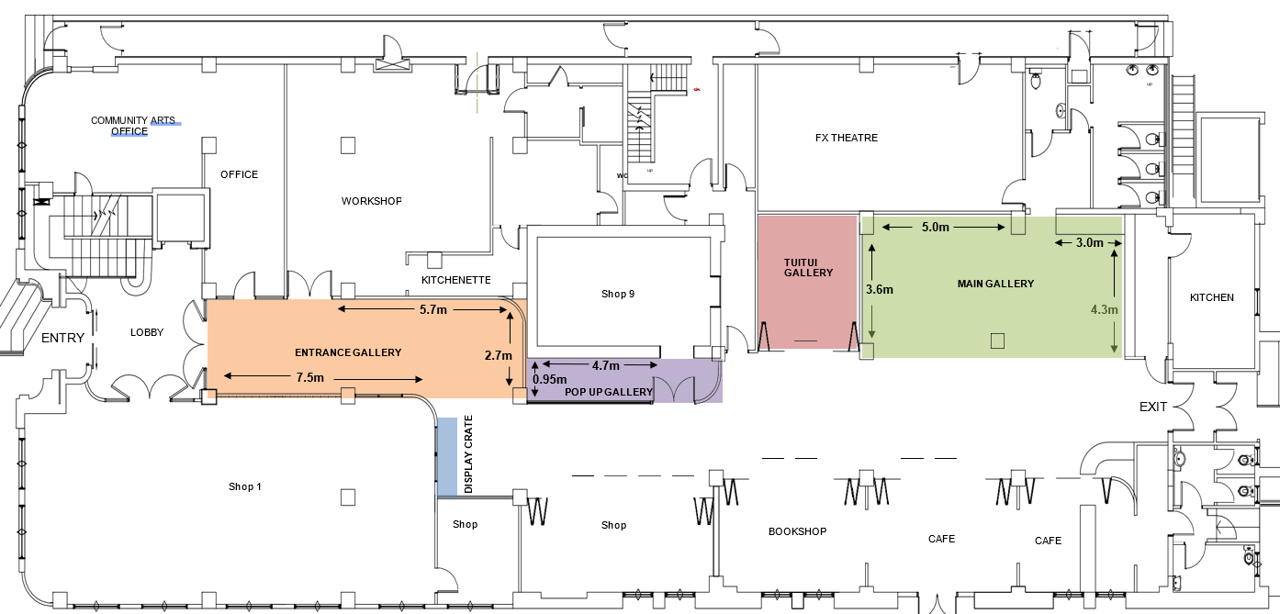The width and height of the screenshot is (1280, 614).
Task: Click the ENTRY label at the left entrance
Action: [x=62, y=338]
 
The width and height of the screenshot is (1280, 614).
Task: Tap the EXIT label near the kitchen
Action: [x=1154, y=407]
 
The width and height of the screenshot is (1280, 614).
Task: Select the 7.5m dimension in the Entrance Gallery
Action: [x=309, y=377]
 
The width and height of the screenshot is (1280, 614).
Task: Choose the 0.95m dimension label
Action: [x=550, y=378]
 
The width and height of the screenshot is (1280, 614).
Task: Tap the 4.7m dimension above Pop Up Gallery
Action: [x=606, y=364]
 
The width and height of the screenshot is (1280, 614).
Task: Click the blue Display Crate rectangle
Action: [x=447, y=457]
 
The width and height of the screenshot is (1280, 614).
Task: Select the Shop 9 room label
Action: [x=618, y=294]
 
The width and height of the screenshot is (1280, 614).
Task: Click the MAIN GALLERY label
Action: [x=995, y=284]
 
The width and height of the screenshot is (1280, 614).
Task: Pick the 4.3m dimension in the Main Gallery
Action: [x=1104, y=309]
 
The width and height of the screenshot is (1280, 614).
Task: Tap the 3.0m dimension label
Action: [x=1090, y=242]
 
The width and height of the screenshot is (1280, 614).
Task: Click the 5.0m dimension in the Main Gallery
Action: [x=936, y=227]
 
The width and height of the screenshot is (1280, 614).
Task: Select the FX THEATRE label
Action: [x=846, y=138]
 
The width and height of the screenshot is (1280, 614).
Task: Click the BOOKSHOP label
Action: [x=797, y=531]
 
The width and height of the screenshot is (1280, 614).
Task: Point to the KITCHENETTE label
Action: [x=455, y=280]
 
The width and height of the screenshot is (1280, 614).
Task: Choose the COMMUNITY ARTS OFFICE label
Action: [x=132, y=126]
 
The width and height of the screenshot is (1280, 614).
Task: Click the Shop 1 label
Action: [x=245, y=486]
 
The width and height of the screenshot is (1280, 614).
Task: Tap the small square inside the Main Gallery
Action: [x=997, y=341]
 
